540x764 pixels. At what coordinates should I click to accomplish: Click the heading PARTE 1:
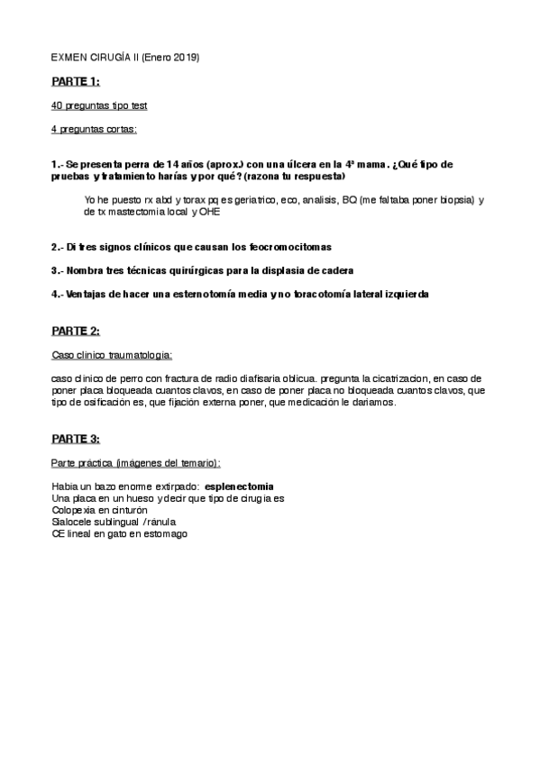pos(75,82)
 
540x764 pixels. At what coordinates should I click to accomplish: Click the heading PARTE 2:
pos(75,332)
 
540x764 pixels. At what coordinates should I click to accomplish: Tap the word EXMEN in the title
pos(69,58)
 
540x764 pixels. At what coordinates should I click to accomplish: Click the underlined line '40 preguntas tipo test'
pos(99,106)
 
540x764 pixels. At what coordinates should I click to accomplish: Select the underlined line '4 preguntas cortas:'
pos(94,130)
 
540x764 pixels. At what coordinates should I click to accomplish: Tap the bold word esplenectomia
pos(239,487)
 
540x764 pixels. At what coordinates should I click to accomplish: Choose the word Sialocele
pos(74,522)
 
